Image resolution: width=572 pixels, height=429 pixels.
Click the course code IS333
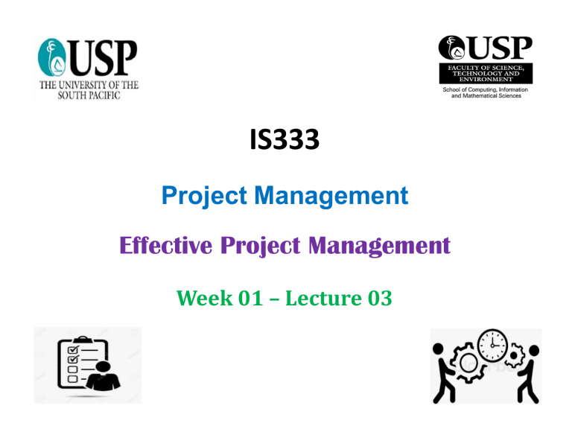point(285,139)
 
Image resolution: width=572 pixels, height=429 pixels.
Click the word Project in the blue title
point(204,197)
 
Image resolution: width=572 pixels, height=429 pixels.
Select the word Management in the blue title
point(331,197)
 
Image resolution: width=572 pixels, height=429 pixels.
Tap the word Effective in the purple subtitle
point(165,245)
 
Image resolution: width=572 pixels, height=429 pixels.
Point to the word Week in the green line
point(204,298)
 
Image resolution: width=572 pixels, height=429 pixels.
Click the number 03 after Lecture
point(380,298)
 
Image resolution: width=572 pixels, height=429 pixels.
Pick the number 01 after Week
point(250,298)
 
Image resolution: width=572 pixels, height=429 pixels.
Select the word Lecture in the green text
point(323,298)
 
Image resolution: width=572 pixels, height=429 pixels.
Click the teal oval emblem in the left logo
point(51,57)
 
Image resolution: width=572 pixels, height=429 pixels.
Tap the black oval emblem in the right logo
point(451,48)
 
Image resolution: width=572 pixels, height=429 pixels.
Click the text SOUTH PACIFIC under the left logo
point(89,95)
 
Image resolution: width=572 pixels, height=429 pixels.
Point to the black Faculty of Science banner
point(486,73)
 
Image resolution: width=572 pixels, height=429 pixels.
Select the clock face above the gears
point(492,345)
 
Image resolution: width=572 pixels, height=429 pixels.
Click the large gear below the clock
point(468,363)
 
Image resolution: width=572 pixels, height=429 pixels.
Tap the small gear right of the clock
point(515,355)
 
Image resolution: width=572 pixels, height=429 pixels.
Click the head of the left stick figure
point(438,349)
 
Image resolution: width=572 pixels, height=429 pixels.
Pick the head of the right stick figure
point(534,351)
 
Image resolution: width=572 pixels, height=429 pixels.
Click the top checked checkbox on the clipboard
point(73,350)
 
